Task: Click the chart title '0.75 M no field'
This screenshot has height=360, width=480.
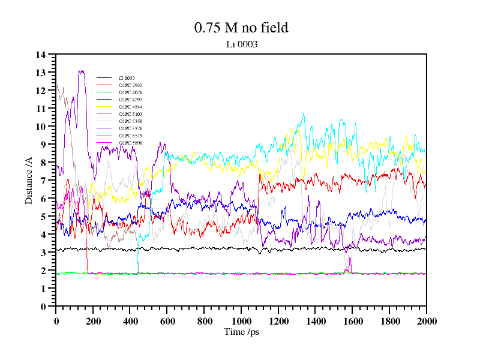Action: [241, 28]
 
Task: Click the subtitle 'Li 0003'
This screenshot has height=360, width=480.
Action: [241, 44]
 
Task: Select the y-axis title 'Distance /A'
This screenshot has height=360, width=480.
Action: [29, 180]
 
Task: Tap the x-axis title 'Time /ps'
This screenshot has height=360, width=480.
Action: [241, 331]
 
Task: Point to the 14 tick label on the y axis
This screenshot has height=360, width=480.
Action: [41, 55]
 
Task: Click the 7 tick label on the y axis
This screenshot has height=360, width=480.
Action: [43, 181]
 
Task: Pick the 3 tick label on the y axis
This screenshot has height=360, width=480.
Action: [43, 253]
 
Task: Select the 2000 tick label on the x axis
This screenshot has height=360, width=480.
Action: [427, 320]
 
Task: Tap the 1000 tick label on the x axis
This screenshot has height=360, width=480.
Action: [241, 320]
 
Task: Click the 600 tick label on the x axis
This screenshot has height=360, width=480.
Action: [167, 320]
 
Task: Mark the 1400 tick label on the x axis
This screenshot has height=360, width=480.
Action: [316, 320]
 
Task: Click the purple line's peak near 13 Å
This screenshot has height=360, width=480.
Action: [80, 71]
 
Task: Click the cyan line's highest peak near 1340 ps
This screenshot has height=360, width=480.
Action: [304, 112]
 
